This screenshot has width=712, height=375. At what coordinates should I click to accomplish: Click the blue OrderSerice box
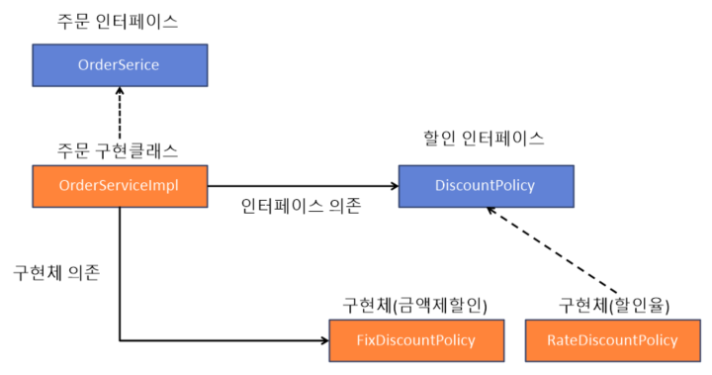[x=118, y=65]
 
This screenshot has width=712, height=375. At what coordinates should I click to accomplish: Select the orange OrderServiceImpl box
[x=119, y=186]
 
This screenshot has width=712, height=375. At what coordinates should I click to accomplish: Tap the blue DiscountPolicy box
[x=486, y=186]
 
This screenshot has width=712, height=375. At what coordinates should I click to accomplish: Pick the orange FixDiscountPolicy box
[x=416, y=340]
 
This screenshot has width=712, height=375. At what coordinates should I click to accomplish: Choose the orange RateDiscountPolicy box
[x=612, y=340]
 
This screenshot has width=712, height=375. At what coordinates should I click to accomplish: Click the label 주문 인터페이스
[x=117, y=21]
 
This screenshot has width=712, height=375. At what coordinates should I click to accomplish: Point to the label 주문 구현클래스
[x=117, y=151]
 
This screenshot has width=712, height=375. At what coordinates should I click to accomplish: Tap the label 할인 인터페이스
[x=485, y=140]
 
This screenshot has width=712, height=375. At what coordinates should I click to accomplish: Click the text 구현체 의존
[x=56, y=272]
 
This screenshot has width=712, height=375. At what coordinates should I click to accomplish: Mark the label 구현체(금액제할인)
[x=415, y=304]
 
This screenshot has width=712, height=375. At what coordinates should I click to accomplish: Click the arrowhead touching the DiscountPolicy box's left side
[x=393, y=186]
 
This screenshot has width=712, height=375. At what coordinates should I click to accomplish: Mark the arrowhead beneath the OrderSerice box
[x=119, y=92]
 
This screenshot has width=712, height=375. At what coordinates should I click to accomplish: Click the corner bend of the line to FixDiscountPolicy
[x=120, y=341]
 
